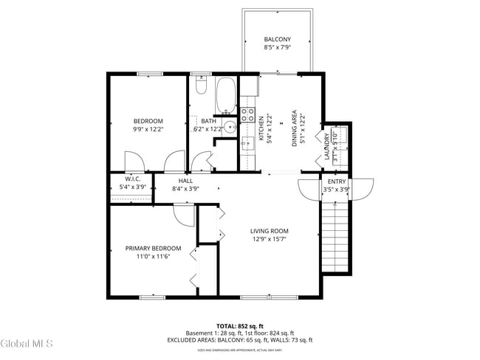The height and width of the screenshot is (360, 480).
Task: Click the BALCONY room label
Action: pos(278,39)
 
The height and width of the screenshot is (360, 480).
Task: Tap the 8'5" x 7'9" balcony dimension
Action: pos(278,48)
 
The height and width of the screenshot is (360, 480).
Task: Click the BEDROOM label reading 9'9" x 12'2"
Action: pos(148,121)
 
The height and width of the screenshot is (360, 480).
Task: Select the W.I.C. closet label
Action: pos(133,179)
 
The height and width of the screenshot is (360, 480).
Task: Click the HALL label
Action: pos(186,180)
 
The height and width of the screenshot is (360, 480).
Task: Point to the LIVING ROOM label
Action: pos(269,231)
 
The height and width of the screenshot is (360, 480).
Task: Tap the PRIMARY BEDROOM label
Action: pos(153,249)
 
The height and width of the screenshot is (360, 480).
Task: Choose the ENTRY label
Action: pos(336,181)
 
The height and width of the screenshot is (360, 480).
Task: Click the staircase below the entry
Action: pos(336,236)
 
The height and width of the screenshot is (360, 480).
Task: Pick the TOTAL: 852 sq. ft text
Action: pos(239,325)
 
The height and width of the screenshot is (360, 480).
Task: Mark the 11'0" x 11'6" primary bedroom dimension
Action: pos(153,257)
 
